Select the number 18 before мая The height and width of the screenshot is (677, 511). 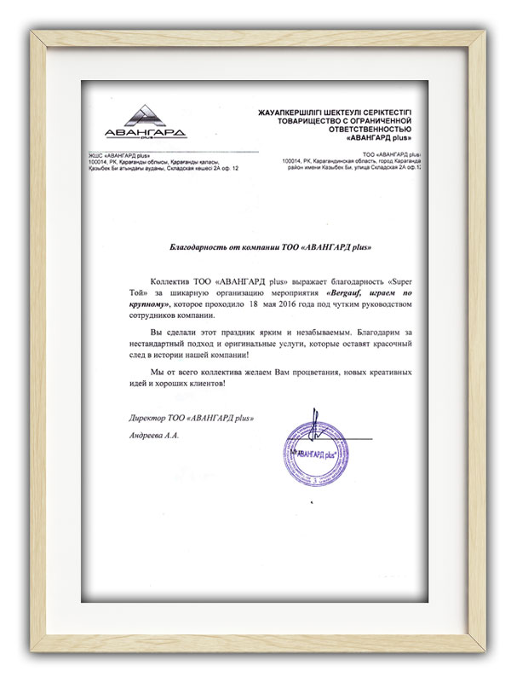pyautogui.click(x=253, y=303)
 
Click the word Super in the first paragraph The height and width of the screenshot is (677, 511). pyautogui.click(x=402, y=279)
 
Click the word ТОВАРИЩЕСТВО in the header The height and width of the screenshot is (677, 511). pyautogui.click(x=291, y=120)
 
